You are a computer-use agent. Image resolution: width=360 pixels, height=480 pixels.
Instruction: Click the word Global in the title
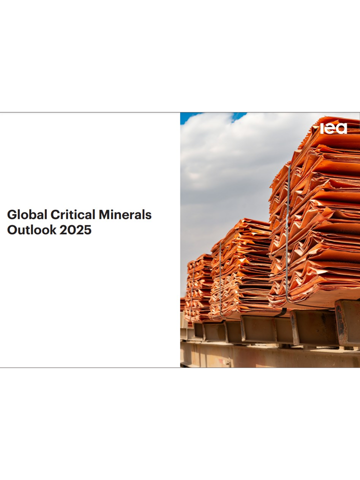tap(27, 214)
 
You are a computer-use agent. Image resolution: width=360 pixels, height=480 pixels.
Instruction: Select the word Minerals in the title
tap(125, 214)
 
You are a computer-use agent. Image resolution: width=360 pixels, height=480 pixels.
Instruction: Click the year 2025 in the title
tap(75, 230)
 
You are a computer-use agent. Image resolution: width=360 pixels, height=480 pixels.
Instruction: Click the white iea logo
tap(333, 128)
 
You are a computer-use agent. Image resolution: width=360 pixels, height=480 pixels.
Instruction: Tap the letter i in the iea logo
tap(322, 128)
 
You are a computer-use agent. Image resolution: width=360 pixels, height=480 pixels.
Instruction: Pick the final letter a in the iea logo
tap(342, 129)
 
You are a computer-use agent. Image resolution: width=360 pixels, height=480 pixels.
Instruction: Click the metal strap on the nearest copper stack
tap(287, 232)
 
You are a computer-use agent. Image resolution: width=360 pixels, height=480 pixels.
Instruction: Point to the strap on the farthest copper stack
tap(192, 291)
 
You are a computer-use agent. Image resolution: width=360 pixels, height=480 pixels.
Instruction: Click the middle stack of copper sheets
tap(242, 269)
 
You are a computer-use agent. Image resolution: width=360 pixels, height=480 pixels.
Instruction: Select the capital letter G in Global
tap(12, 214)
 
